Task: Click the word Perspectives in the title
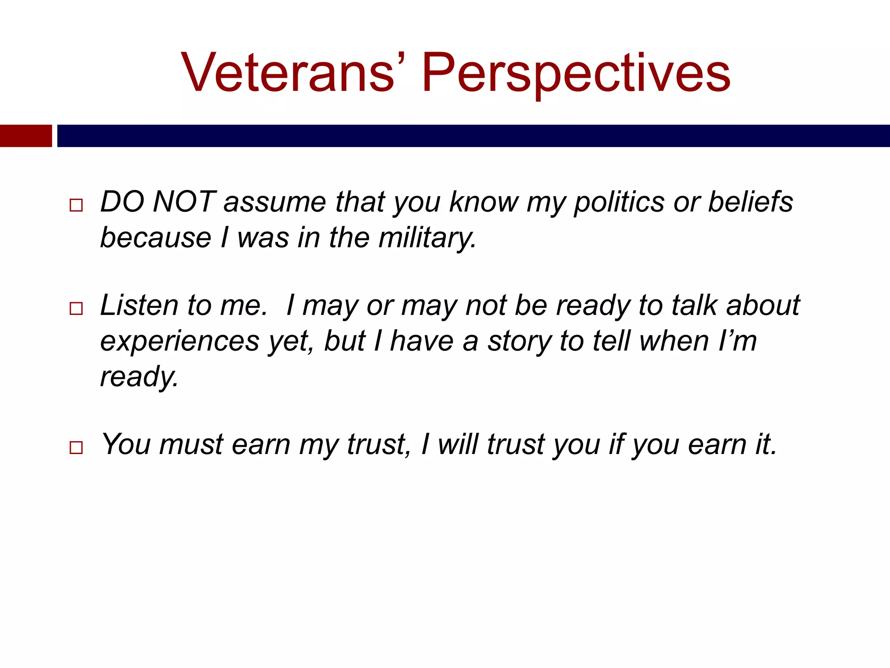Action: (x=576, y=73)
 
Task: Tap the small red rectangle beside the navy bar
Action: (x=26, y=136)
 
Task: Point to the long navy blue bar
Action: (x=473, y=136)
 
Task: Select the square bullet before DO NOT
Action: (x=76, y=205)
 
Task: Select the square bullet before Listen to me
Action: (x=76, y=308)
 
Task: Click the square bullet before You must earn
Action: (x=76, y=448)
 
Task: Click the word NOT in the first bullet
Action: (x=183, y=202)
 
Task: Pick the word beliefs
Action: (x=751, y=202)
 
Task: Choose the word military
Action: (x=427, y=239)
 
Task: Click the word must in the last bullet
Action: (x=191, y=445)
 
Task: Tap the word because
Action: (x=156, y=238)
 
